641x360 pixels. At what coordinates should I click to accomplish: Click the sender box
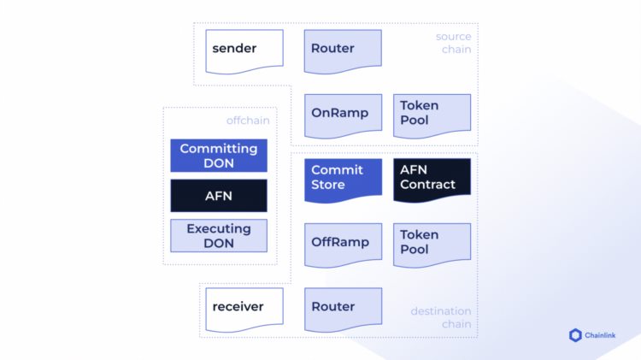click(244, 50)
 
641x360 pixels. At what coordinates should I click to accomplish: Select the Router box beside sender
click(343, 50)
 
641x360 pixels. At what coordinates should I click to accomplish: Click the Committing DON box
click(219, 156)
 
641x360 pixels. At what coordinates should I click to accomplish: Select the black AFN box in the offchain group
click(219, 195)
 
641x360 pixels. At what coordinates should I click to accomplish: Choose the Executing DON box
click(219, 235)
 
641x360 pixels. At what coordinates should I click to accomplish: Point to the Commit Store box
click(343, 179)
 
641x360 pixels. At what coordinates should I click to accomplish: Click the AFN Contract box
click(432, 179)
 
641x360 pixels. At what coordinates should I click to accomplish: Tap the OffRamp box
click(343, 244)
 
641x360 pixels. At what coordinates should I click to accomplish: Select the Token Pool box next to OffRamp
click(432, 244)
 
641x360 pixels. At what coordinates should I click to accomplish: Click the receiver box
click(244, 308)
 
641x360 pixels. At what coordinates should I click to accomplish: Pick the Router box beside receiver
click(343, 308)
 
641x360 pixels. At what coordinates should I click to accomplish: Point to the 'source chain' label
click(453, 43)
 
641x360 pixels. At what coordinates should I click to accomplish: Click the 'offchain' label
click(248, 121)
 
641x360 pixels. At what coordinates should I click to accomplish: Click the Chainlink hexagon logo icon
click(575, 335)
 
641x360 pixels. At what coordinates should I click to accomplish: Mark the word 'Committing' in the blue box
click(219, 148)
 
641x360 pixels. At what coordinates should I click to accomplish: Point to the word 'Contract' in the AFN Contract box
click(427, 185)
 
